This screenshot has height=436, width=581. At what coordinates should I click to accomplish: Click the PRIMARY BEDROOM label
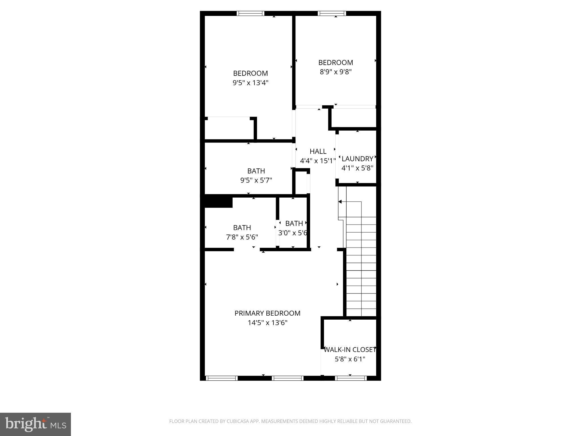[x=267, y=313]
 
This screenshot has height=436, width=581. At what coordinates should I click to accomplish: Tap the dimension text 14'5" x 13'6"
[x=268, y=323]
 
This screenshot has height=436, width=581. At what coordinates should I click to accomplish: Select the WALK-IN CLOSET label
[x=350, y=350]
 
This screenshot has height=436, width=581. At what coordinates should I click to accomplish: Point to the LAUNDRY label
[x=357, y=159]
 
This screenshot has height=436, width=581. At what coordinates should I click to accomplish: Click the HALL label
[x=318, y=151]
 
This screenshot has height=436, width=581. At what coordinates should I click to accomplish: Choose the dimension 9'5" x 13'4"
[x=250, y=83]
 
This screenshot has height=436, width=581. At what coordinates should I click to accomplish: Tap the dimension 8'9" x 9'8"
[x=336, y=72]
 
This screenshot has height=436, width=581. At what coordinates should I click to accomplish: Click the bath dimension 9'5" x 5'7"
[x=256, y=180]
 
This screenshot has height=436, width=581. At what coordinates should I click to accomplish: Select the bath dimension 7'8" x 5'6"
[x=242, y=237]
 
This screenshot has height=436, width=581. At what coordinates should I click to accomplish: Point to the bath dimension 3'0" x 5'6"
[x=293, y=233]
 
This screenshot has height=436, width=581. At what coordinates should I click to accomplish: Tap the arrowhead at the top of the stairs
[x=340, y=202]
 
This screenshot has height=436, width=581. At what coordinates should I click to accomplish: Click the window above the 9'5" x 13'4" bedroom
[x=250, y=13]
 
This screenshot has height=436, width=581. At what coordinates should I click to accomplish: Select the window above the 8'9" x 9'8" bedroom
[x=332, y=13]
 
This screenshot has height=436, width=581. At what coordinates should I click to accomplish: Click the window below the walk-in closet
[x=351, y=378]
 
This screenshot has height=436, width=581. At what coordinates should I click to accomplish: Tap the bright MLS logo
[x=35, y=424]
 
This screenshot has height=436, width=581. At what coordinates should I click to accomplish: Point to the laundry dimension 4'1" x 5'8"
[x=357, y=168]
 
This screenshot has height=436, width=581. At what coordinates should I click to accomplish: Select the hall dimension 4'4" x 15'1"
[x=318, y=161]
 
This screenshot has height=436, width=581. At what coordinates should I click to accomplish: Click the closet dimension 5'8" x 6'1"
[x=350, y=359]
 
